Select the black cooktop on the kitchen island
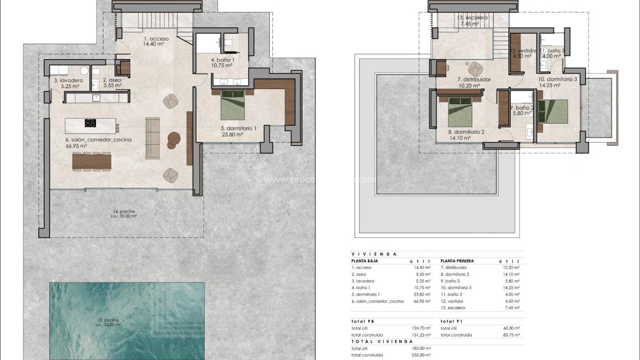90,123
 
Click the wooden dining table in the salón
92,161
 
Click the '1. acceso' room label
156,38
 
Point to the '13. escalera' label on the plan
472,18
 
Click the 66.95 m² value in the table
421,301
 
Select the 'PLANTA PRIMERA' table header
457,261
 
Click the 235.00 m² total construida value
421,355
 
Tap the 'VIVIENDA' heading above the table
374,254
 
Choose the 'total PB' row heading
362,322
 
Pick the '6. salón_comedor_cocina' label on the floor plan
98,140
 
